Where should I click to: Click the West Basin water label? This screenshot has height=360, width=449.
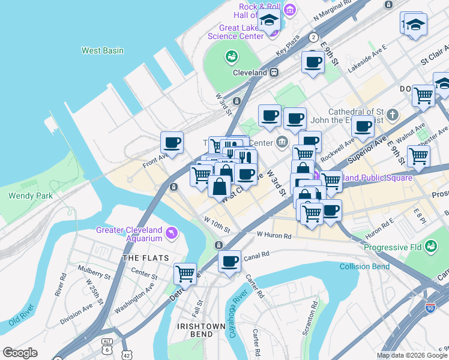[x=103, y=51]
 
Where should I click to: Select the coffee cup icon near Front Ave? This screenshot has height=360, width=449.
[x=172, y=143]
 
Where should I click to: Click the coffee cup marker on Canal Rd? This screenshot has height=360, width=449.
[x=229, y=262]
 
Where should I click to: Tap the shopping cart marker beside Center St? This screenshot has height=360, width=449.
[x=185, y=274]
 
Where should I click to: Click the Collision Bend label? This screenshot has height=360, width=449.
[x=365, y=266]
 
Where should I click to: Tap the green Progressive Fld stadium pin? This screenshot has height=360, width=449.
[x=430, y=247]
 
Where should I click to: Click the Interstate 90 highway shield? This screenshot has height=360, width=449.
[x=430, y=308]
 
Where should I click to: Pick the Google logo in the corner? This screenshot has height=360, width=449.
[x=20, y=353]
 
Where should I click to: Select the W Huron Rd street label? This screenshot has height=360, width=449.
[x=274, y=235]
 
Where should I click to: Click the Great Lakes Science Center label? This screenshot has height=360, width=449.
[x=235, y=31]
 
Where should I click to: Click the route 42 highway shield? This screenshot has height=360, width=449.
[x=127, y=355]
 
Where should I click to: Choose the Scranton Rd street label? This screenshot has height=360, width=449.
[x=313, y=313]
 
